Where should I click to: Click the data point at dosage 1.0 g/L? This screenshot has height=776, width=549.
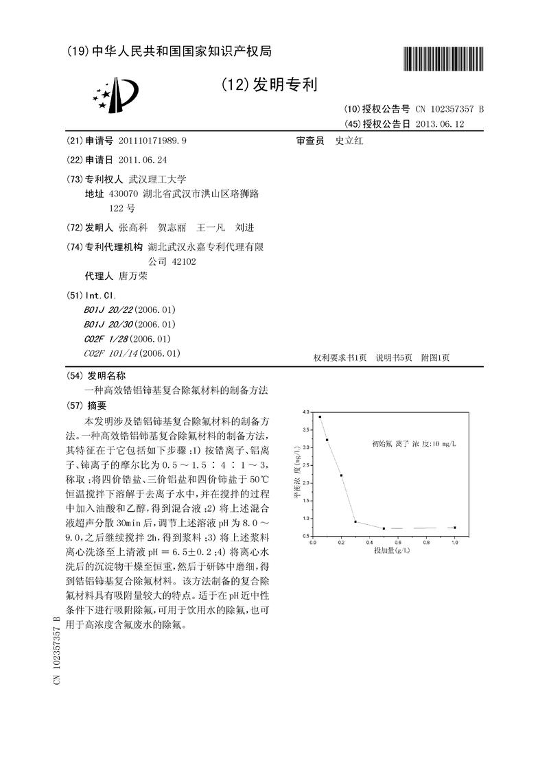coord(455,528)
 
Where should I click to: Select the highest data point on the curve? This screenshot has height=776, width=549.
coord(320,417)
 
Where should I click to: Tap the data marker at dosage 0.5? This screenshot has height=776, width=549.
coord(384,528)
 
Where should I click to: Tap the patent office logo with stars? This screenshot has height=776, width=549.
coord(114,96)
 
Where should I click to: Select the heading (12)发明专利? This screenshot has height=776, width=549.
coord(270,85)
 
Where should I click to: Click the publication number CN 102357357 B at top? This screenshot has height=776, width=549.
coord(449,109)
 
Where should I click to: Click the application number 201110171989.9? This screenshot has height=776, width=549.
coord(152,141)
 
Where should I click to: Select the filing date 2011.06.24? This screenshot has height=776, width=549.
coord(142,160)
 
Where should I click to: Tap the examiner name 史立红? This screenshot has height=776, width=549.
coord(349,141)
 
